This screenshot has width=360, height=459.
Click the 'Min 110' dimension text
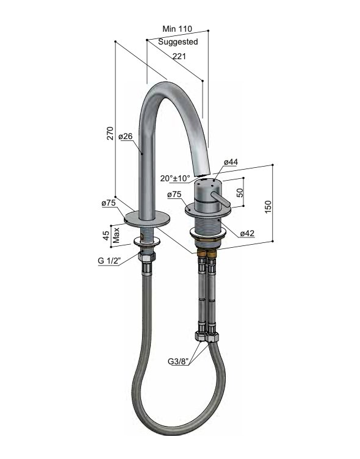point(178,29)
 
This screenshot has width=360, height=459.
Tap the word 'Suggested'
point(178,42)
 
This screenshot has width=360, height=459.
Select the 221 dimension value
point(179,56)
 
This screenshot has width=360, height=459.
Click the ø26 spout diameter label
point(126,136)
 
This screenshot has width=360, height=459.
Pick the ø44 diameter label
point(231,162)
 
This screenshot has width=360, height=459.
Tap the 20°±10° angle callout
point(176,178)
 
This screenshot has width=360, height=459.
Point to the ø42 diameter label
point(247,233)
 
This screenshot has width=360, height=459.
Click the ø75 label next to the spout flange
point(109,203)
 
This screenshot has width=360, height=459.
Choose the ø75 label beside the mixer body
point(174,195)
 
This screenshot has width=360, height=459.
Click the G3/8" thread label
point(179,361)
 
